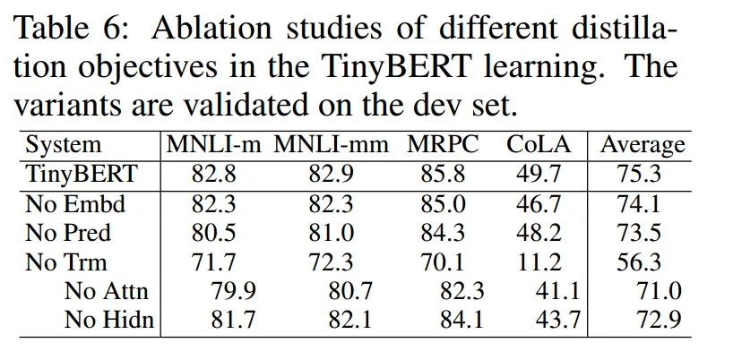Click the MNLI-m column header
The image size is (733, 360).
point(212,145)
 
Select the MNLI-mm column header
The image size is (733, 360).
point(332,145)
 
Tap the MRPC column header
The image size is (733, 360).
point(443,145)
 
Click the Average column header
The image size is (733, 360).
point(642,145)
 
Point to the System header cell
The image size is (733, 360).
point(63,145)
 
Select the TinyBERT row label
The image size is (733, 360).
point(81,175)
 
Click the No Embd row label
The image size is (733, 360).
point(75,204)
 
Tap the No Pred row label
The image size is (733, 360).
point(68,234)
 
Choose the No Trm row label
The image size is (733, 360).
point(66,263)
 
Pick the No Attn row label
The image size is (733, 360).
point(107,292)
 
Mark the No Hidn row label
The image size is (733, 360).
point(108,321)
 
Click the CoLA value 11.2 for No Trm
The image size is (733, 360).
point(539,263)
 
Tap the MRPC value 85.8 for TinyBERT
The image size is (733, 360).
point(443,175)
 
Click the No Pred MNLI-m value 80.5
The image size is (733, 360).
point(212,234)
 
